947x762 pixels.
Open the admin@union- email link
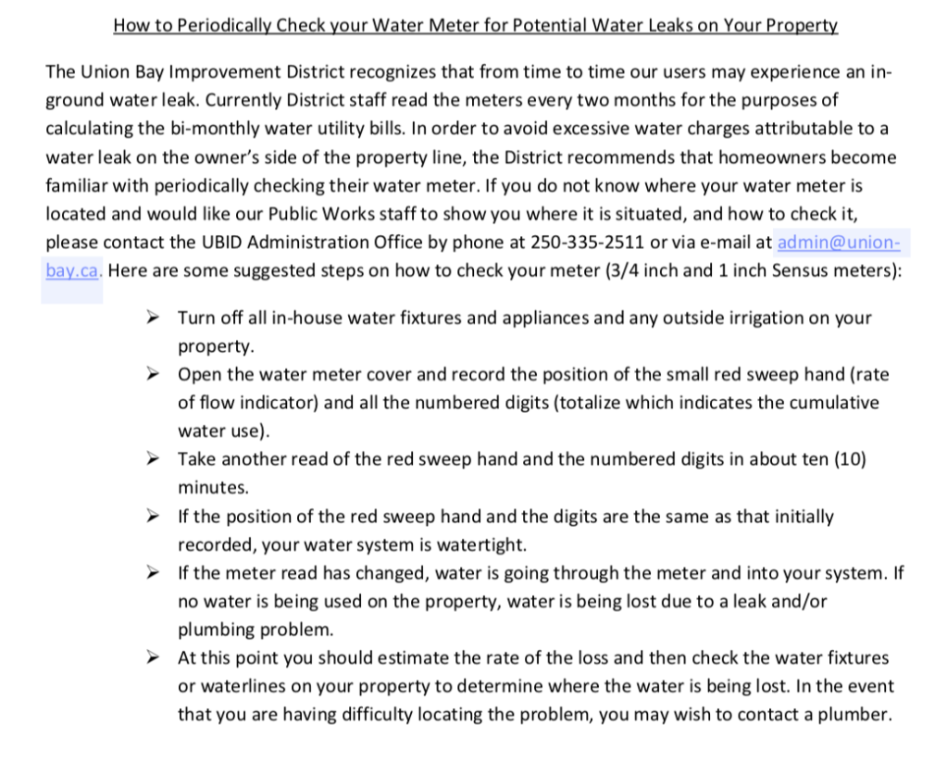pos(838,244)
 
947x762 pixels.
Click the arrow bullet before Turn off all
pos(154,318)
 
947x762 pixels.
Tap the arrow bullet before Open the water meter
pos(154,374)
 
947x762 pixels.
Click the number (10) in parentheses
pos(850,459)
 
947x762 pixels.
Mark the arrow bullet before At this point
pos(154,657)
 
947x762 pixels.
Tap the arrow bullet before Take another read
pos(154,459)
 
